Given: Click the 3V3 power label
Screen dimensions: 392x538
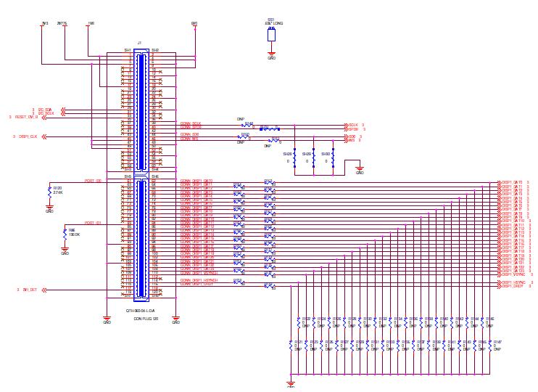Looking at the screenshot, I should (45, 23).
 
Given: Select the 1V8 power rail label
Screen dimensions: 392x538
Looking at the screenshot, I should (90, 23).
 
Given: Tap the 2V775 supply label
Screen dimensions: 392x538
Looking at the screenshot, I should (62, 23).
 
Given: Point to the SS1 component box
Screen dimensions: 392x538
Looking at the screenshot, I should (271, 34).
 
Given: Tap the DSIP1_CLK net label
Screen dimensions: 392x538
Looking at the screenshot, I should (28, 136).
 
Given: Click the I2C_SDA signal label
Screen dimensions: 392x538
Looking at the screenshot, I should (46, 109).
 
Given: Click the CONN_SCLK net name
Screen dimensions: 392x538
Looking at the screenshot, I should (191, 123).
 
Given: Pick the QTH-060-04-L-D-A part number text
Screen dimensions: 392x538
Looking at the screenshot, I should (141, 311).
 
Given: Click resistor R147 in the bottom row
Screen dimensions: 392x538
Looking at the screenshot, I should (497, 341).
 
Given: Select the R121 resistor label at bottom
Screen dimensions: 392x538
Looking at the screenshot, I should (297, 341).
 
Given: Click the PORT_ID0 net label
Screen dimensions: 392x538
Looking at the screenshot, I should (93, 181).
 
